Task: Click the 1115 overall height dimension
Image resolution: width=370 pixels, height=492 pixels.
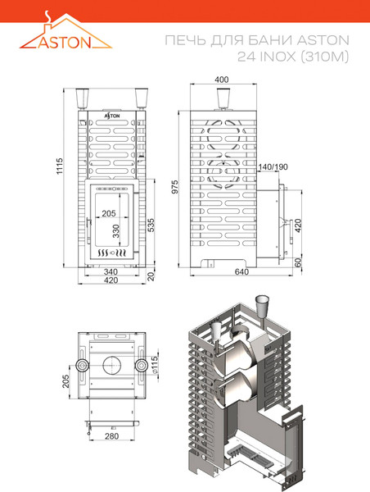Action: point(60,166)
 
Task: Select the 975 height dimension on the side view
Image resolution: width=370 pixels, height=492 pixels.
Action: point(175,187)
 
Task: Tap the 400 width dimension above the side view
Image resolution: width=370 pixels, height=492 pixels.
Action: point(222,80)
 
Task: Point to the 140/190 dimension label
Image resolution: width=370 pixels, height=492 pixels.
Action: point(273,167)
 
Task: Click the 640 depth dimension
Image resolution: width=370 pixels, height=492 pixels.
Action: point(241,271)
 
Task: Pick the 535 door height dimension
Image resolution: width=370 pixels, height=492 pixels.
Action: point(151,225)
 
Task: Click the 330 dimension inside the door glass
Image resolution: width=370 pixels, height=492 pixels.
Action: point(116,231)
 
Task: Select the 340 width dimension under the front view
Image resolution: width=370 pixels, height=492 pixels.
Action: point(111,271)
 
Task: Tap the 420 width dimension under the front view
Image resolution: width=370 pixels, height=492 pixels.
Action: point(111,280)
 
